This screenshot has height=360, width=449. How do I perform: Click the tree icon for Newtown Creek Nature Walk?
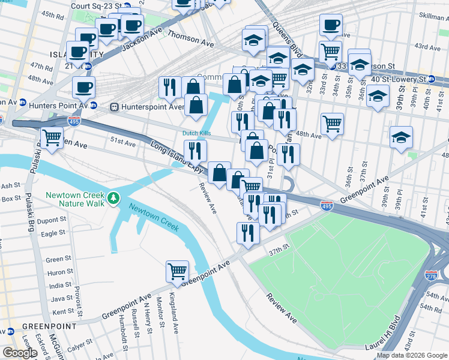point(112,199)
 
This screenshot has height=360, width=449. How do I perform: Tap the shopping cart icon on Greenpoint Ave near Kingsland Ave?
point(177,271)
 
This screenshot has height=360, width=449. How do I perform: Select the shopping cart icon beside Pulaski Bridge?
point(52,137)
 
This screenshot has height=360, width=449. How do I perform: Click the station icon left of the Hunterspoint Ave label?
point(113,107)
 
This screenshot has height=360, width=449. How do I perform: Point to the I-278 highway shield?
point(430,275)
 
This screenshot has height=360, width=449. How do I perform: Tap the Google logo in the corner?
point(20,353)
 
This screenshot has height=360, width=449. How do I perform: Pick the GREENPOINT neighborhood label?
point(40,326)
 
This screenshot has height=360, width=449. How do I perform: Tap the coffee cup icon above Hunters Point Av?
point(83,87)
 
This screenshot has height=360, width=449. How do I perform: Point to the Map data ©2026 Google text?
point(412,355)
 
